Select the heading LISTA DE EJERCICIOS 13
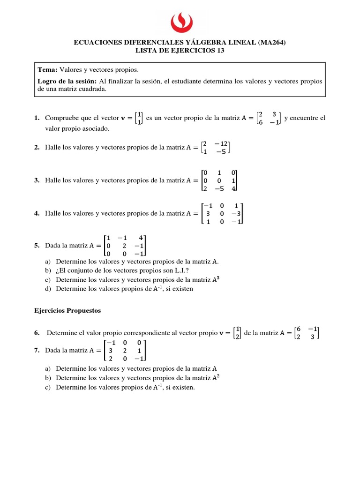(180, 51)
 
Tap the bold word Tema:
(47, 69)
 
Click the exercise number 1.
(36, 118)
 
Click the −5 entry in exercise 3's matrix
(219, 188)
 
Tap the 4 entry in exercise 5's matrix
(141, 237)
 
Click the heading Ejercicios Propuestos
(67, 310)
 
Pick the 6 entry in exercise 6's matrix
(299, 329)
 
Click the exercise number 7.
(36, 350)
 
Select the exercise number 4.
(36, 213)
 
